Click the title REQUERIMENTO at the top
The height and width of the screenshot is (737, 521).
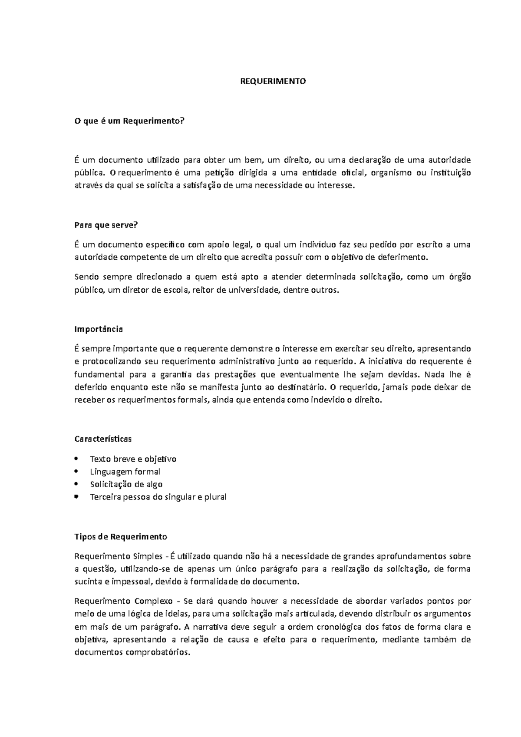coord(274,81)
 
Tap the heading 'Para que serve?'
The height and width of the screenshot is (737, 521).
coord(106,225)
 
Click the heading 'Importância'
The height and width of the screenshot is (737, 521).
coord(99,329)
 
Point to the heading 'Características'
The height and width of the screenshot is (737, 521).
coord(103,439)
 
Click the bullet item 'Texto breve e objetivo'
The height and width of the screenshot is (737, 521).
coord(133,459)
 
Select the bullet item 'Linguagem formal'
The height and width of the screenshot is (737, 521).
coord(125,472)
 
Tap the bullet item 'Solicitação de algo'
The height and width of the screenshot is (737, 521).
coord(126,484)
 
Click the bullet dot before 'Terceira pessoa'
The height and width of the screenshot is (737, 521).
coord(77,496)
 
